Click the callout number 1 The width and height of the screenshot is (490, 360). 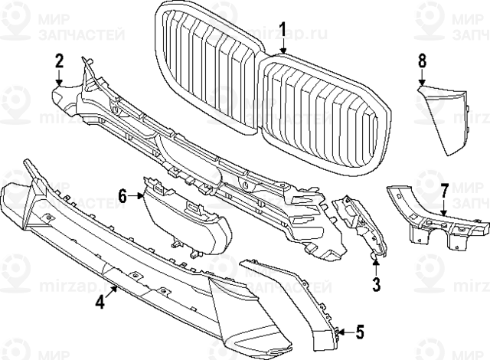point(282,30)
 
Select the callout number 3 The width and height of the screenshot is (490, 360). point(376,286)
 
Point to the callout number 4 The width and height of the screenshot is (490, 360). point(100,302)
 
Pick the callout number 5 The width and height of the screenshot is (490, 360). point(360,332)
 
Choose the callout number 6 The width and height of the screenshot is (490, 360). point(122,197)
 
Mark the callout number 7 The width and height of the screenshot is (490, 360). point(444,190)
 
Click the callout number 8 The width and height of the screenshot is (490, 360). point(422,59)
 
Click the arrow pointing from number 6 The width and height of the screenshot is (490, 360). point(137,197)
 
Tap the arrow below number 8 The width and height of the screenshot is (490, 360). point(422,77)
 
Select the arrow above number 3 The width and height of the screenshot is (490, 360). point(376,268)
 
